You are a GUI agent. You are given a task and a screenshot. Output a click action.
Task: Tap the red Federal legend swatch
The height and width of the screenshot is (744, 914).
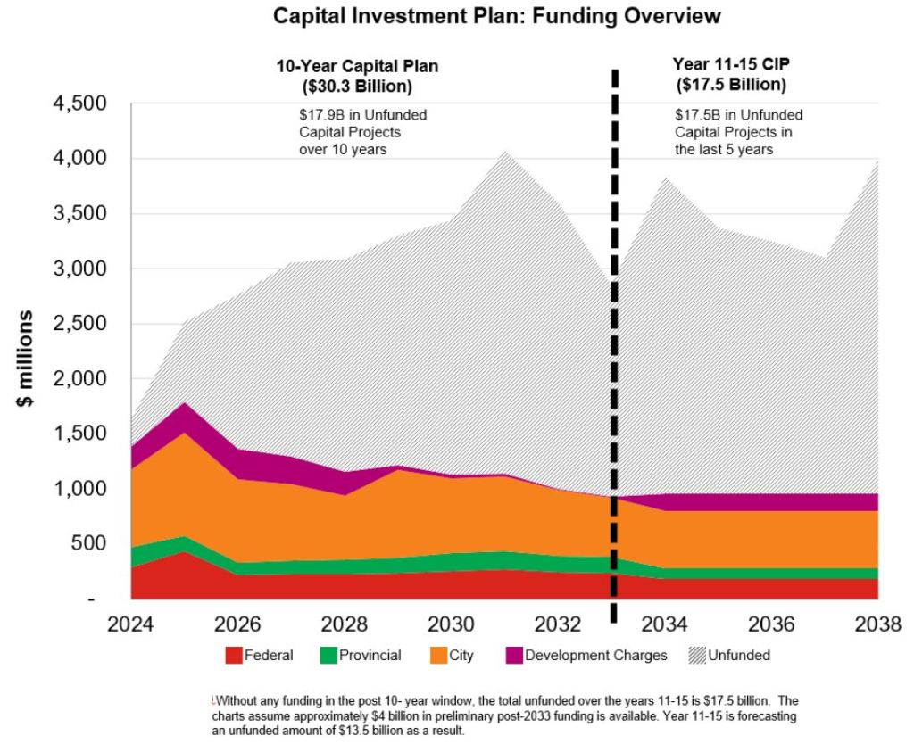coord(234,656)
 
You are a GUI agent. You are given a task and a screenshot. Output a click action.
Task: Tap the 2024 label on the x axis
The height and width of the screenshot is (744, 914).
coord(132,622)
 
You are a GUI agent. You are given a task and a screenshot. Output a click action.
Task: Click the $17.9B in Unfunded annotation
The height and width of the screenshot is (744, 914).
coord(362,115)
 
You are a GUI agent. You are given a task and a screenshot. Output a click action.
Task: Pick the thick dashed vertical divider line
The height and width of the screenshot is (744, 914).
coord(614,357)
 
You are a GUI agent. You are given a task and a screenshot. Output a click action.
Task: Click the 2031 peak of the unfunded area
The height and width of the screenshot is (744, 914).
coord(504,153)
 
